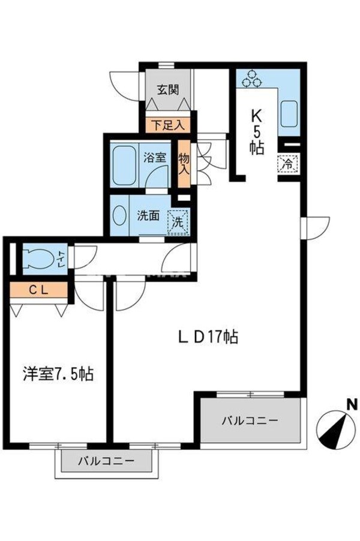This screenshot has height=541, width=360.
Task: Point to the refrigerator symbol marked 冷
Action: click(287, 162)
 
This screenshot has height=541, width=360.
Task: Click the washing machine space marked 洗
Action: click(178, 220)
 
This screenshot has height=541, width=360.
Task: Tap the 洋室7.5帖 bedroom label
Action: click(58, 375)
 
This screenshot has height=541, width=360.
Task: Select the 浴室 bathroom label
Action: click(154, 158)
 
